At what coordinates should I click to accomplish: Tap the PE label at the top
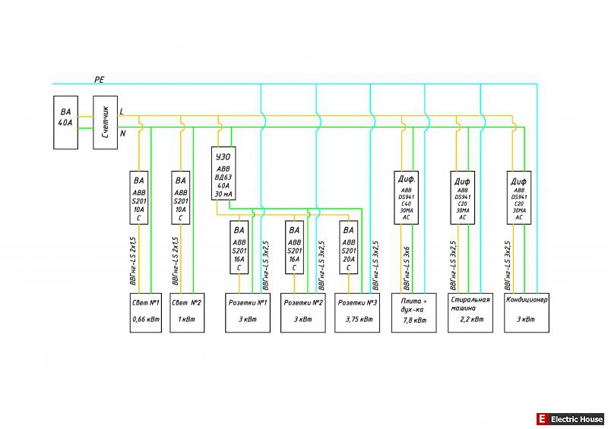[100, 79]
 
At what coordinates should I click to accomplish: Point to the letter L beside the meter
[122, 112]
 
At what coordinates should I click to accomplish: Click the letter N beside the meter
[122, 134]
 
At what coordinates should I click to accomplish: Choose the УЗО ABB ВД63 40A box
[223, 172]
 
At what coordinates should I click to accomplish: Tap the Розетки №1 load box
[247, 312]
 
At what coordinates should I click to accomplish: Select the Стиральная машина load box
[467, 312]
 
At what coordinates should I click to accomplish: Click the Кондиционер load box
[526, 312]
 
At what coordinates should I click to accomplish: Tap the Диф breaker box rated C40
[406, 198]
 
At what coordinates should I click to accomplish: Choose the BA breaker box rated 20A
[349, 247]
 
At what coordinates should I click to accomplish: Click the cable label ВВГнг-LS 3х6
[407, 269]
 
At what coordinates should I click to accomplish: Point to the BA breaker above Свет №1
[139, 198]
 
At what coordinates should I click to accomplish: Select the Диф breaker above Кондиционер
[519, 198]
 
